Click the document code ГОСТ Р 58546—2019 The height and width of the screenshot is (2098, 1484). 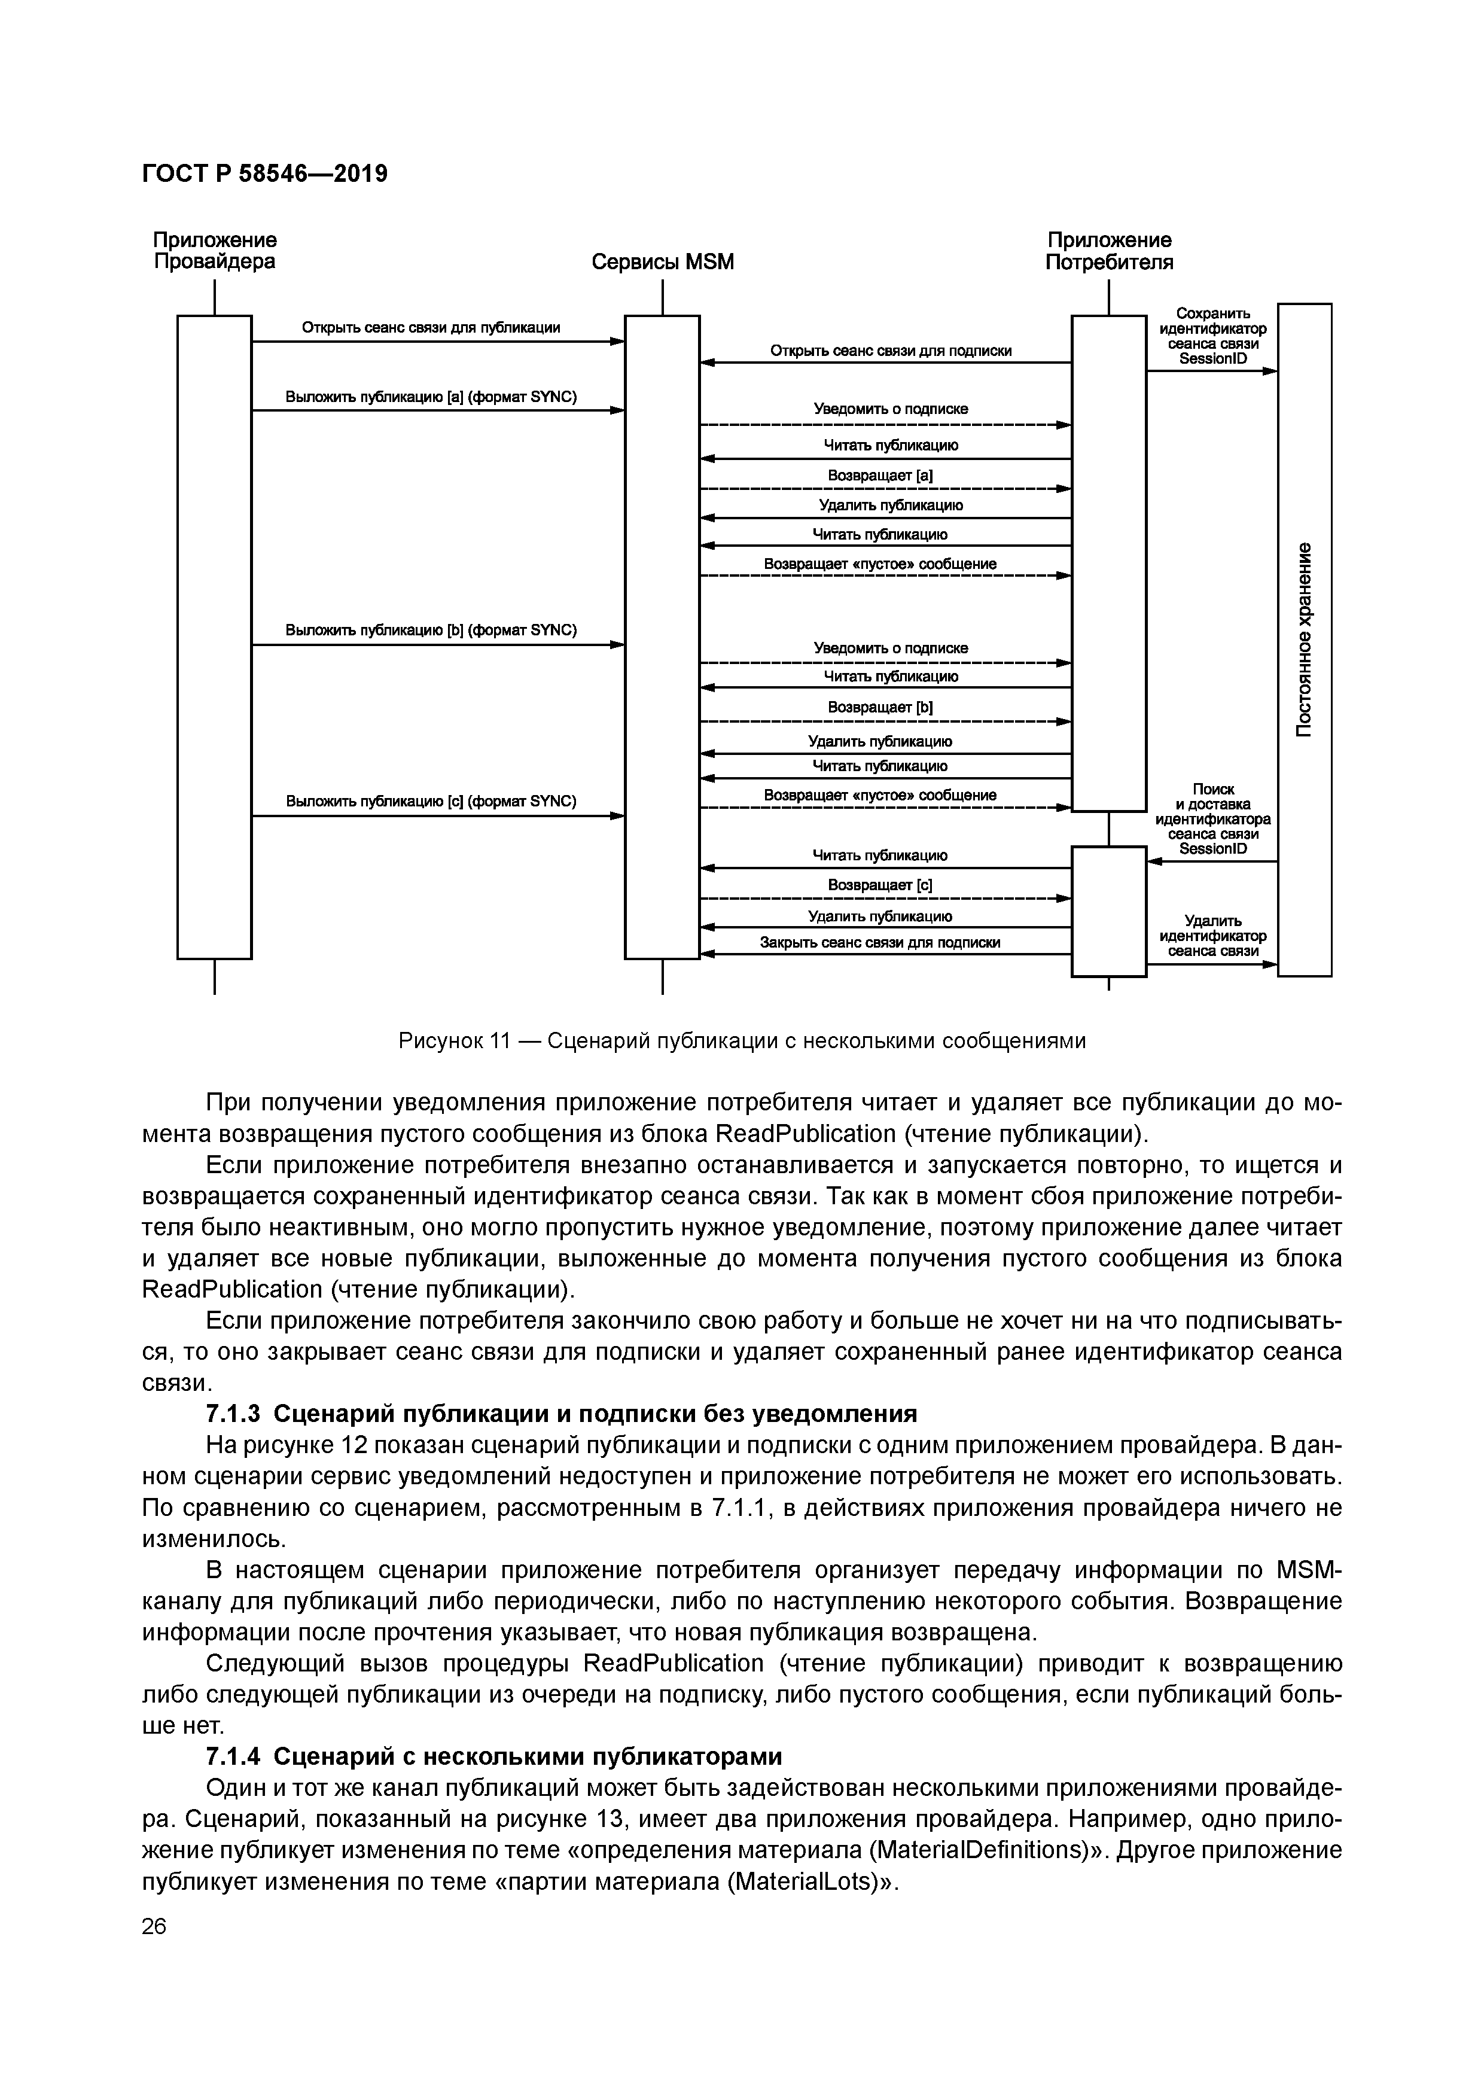(265, 173)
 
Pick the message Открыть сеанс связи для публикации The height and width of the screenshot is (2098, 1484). (431, 327)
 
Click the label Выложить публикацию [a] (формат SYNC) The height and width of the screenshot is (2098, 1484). (431, 397)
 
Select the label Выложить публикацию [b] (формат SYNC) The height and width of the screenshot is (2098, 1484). (431, 631)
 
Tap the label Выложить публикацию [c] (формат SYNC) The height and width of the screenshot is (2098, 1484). (431, 802)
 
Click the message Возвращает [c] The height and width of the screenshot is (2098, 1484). (880, 885)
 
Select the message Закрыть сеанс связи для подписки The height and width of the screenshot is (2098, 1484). (880, 942)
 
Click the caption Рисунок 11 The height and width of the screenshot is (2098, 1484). (742, 1041)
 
